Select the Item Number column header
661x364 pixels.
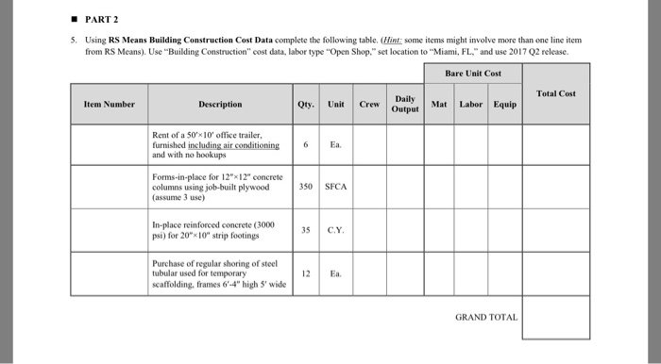(x=109, y=104)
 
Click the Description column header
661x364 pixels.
(x=220, y=104)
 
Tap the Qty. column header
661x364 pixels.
(x=306, y=104)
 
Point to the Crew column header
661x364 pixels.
(x=370, y=104)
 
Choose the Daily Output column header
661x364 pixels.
(x=405, y=104)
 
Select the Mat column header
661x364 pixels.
(x=438, y=104)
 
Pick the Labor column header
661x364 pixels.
(x=470, y=104)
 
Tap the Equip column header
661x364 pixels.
(x=504, y=104)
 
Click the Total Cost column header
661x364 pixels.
(x=555, y=93)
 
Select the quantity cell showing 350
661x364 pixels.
(x=306, y=187)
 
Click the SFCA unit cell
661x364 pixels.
(x=336, y=187)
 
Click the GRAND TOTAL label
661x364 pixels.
(x=486, y=317)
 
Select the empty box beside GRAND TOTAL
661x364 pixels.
(x=555, y=317)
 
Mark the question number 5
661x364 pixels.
(x=71, y=41)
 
